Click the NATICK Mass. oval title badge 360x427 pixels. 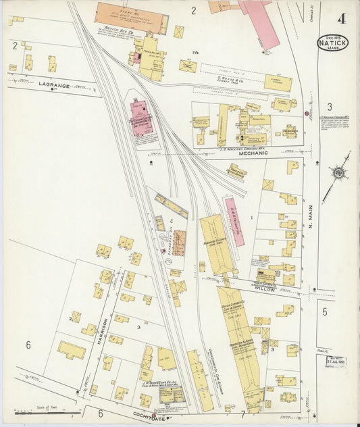pos(333,43)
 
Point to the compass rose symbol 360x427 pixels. pos(337,174)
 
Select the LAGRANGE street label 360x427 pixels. pos(55,84)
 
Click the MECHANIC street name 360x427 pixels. pos(255,153)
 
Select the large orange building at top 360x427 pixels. pos(131,16)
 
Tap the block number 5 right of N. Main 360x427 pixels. pos(324,311)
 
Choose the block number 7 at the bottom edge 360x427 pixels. pos(242,413)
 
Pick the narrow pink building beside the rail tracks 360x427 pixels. pos(234,221)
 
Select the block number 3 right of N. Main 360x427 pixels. pos(329,106)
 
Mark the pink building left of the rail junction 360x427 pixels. pos(141,118)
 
